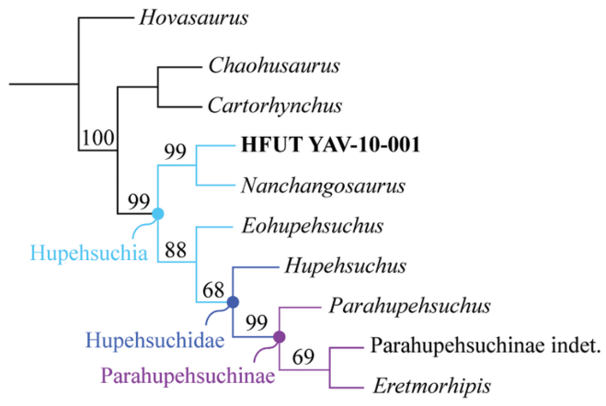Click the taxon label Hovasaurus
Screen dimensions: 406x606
click(x=183, y=17)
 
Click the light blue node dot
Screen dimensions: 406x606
click(x=157, y=214)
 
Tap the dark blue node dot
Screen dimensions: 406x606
click(x=233, y=301)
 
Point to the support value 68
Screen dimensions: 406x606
click(x=214, y=289)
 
